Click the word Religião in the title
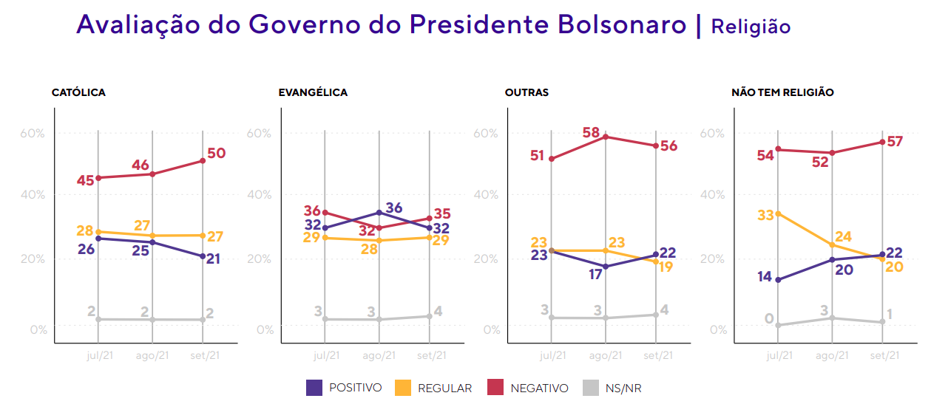(751, 27)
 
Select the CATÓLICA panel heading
(78, 92)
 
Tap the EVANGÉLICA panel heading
(313, 92)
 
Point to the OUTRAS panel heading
(527, 92)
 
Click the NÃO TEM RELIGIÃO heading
(782, 92)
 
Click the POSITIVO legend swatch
(314, 387)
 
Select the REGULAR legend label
(444, 388)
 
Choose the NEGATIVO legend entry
(539, 388)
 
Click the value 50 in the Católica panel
(216, 154)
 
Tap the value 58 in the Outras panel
(590, 133)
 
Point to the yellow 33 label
(764, 215)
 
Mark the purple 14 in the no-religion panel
(764, 277)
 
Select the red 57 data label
(895, 142)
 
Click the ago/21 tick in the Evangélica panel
(379, 355)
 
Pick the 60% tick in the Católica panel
(33, 134)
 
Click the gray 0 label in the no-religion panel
(769, 318)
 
